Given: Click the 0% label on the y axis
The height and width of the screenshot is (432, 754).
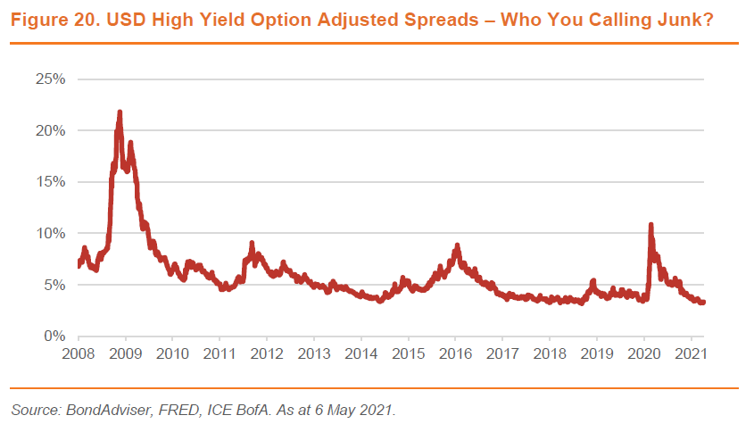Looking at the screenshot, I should coord(56,336).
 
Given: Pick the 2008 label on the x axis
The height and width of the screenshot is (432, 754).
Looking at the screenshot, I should coord(79,354).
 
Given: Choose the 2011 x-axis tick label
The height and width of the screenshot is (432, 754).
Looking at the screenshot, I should coord(220,354).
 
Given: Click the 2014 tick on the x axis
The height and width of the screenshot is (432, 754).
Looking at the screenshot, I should coord(360,354).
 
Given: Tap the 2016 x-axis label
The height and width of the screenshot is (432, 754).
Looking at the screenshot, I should coord(455,354).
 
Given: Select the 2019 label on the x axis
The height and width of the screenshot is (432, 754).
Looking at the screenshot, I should coord(597,354).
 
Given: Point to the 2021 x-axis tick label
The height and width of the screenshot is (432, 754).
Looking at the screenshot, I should coord(691,354).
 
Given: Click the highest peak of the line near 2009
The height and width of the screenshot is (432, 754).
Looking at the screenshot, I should coord(120,112).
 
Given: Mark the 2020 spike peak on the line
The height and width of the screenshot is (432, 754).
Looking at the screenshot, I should coord(650,224).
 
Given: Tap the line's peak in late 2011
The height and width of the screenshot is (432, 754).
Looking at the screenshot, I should coord(252,243).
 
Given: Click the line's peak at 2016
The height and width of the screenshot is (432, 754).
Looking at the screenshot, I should coord(457,245).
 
